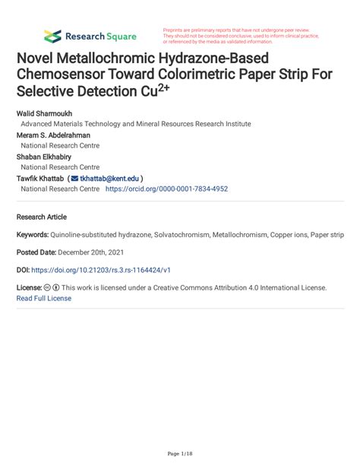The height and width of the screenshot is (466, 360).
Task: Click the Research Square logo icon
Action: coord(52,36)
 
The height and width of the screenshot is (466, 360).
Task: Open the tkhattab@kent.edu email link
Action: coord(110,178)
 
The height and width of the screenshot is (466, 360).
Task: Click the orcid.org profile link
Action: coord(166,189)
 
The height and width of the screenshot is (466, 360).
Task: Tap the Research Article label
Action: coord(42,217)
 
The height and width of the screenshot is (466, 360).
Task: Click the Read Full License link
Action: coord(44,298)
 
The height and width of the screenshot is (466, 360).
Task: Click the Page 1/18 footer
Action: coord(180,454)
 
